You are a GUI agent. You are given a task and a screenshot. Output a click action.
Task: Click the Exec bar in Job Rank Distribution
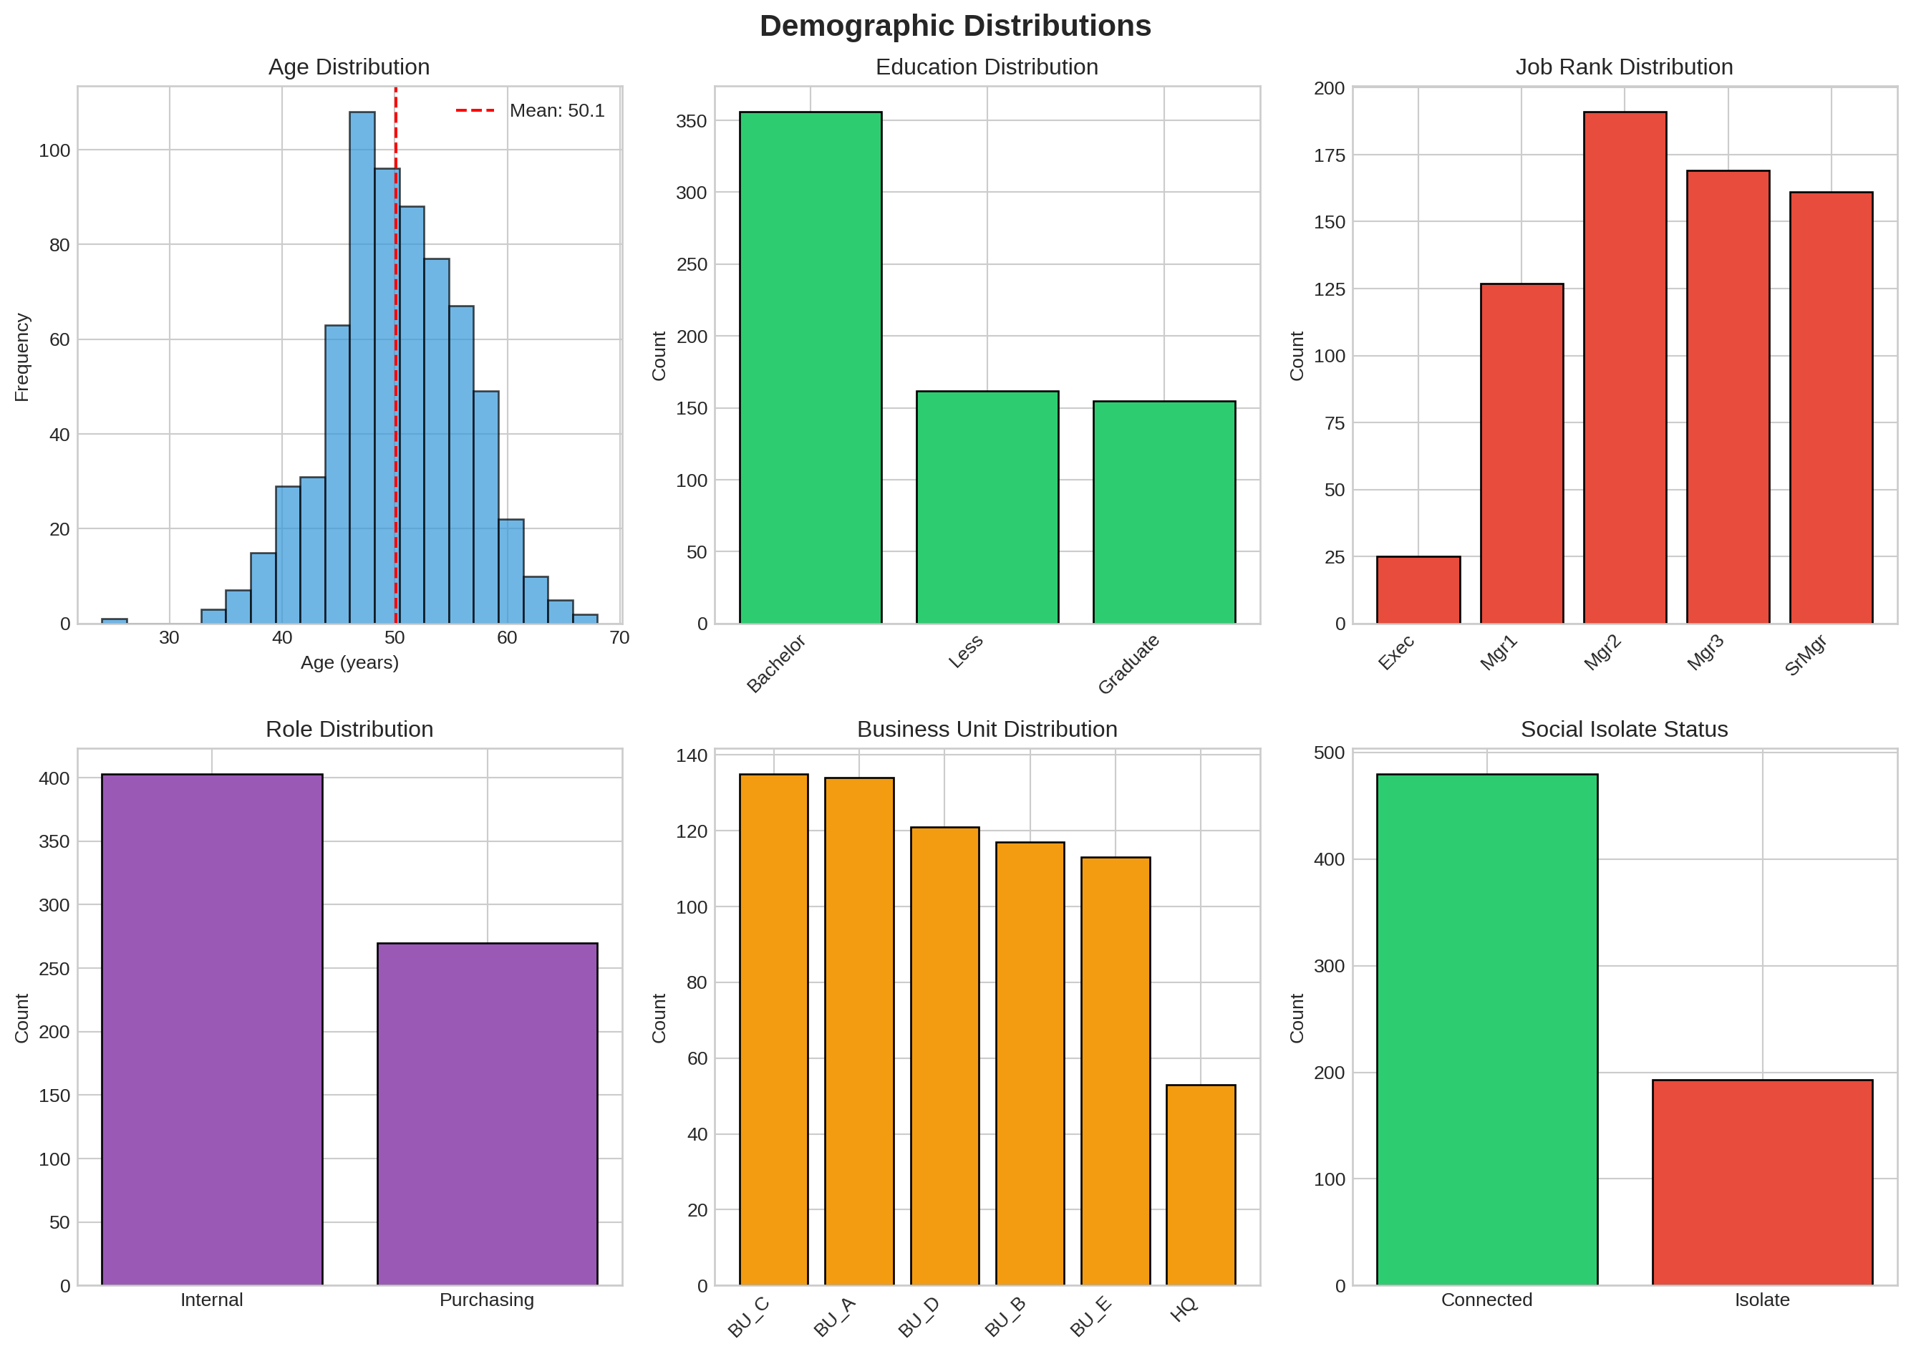click(x=1418, y=589)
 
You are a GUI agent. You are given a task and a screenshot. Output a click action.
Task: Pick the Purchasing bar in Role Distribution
click(x=487, y=1114)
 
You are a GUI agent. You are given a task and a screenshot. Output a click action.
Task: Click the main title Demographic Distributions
click(x=954, y=26)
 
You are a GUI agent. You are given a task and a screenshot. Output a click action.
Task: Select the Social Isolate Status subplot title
click(x=1623, y=729)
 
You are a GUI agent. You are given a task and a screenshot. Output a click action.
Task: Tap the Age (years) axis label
click(x=349, y=662)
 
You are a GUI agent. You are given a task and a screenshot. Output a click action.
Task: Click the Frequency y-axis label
click(x=21, y=357)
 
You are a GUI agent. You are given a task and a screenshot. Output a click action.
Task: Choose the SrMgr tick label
click(x=1806, y=654)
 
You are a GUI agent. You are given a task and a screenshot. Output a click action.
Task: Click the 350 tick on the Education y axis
click(x=691, y=121)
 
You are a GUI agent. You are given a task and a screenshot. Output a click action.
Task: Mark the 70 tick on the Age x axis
click(x=619, y=638)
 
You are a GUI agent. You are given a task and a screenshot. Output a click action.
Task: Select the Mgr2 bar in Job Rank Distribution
click(x=1624, y=367)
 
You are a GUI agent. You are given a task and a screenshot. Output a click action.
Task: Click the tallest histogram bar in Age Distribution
click(x=362, y=367)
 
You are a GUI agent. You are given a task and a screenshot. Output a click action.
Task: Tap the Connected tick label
click(x=1486, y=1300)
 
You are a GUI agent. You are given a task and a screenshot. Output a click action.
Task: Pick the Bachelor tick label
click(x=776, y=663)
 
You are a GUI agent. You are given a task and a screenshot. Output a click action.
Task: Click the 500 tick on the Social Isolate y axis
click(x=1329, y=753)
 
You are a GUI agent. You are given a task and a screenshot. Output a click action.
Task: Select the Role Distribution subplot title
click(x=349, y=729)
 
